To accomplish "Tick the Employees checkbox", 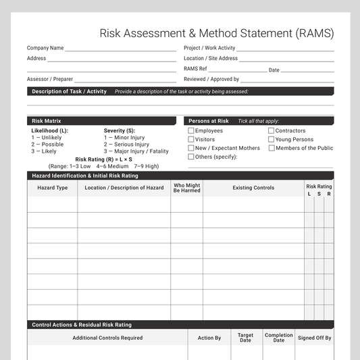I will pos(191,131).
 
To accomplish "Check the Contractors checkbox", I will pos(272,131).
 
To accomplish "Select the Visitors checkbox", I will pos(191,140).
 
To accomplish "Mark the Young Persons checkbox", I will pos(272,140).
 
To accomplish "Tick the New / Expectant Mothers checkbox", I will pos(191,148).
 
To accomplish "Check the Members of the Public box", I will pos(272,148).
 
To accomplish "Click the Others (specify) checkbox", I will pos(191,157).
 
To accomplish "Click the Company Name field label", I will pos(45,48).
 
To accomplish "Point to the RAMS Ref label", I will pos(195,69).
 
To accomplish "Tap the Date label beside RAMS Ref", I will pos(274,70).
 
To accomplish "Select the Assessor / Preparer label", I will pos(50,79).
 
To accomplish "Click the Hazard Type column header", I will pos(53,188).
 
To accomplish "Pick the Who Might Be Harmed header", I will pos(186,188).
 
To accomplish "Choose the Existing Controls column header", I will pos(253,188).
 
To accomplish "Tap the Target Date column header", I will pos(245,337).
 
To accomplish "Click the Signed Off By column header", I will pos(315,338).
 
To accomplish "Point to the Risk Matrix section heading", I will pos(47,121).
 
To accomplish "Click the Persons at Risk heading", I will pos(208,121).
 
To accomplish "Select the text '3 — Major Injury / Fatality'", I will pos(136,151).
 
